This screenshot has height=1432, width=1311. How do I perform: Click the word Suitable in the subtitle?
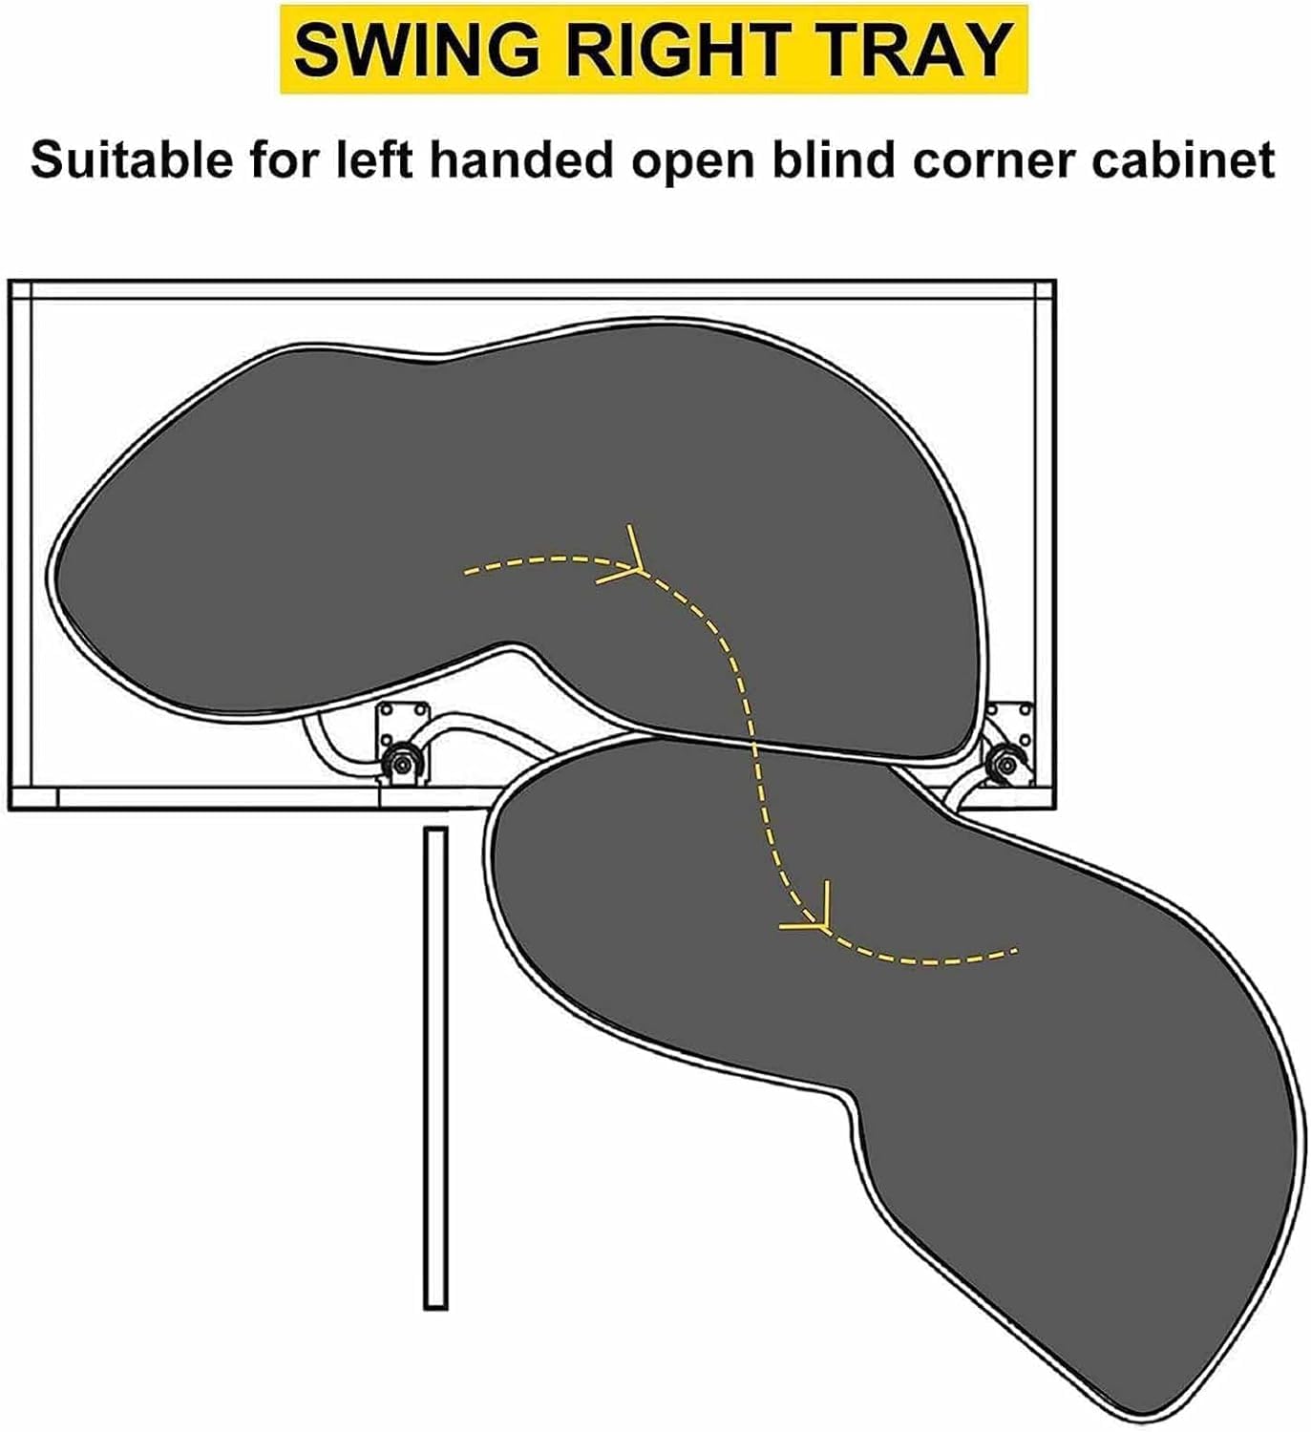[132, 159]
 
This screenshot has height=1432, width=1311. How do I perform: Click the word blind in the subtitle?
[839, 159]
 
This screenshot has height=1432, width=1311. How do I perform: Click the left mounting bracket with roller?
[401, 745]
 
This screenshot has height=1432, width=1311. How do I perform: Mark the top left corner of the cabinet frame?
[9, 281]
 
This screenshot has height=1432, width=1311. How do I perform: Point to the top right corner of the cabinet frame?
[1055, 281]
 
